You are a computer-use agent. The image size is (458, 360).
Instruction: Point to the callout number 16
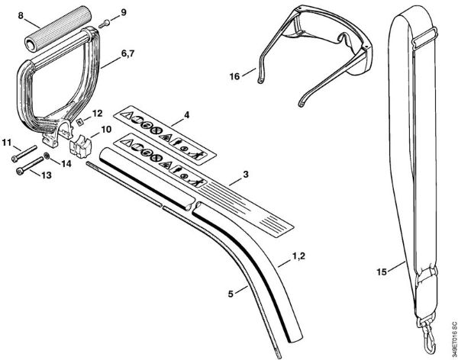point(235,75)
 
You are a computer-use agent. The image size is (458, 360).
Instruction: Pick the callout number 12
point(96,113)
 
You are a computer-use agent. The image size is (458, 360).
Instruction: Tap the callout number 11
point(7,143)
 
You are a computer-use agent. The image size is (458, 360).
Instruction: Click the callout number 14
point(66,162)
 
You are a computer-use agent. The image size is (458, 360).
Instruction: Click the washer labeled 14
point(49,156)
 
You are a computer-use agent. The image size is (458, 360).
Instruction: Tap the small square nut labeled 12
point(79,120)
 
